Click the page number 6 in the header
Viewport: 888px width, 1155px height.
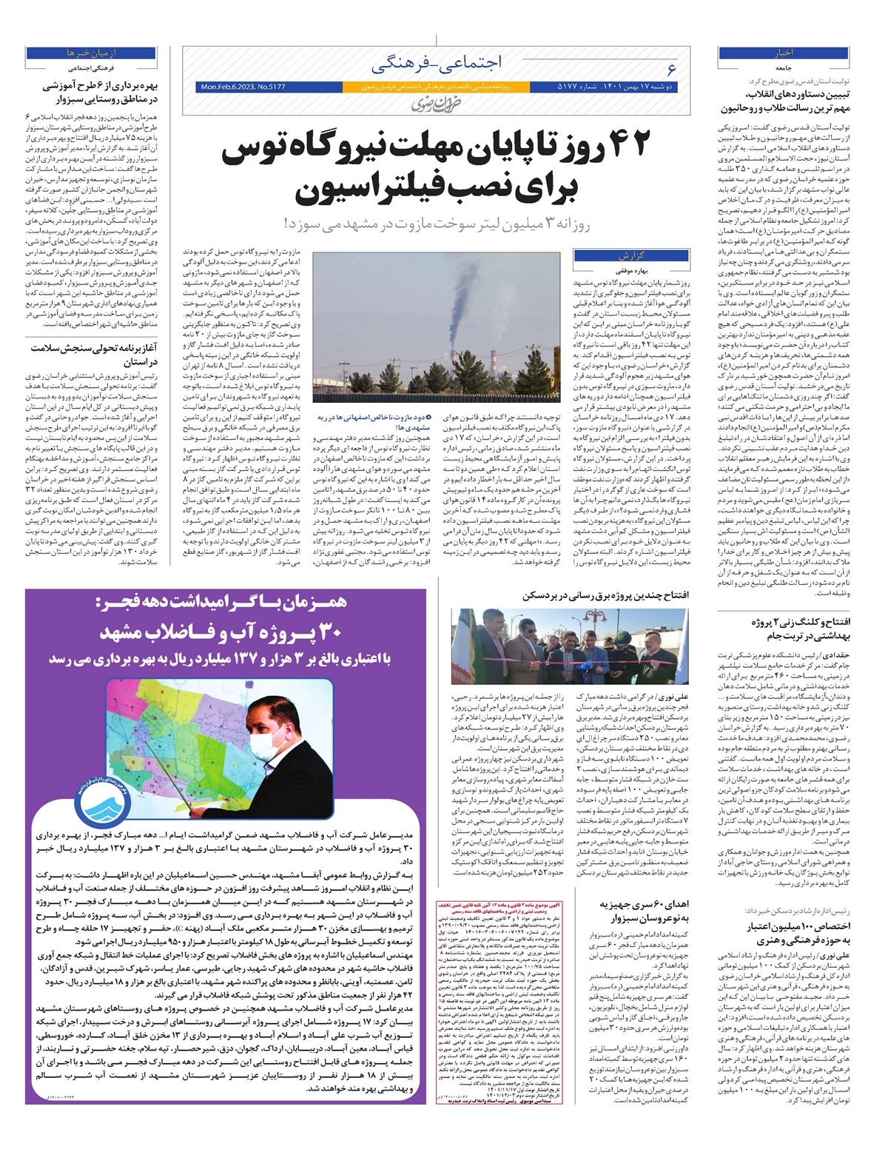coord(670,69)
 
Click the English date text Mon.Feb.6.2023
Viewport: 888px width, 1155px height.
coord(242,87)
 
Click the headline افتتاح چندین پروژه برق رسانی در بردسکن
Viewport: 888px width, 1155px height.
coord(605,595)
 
